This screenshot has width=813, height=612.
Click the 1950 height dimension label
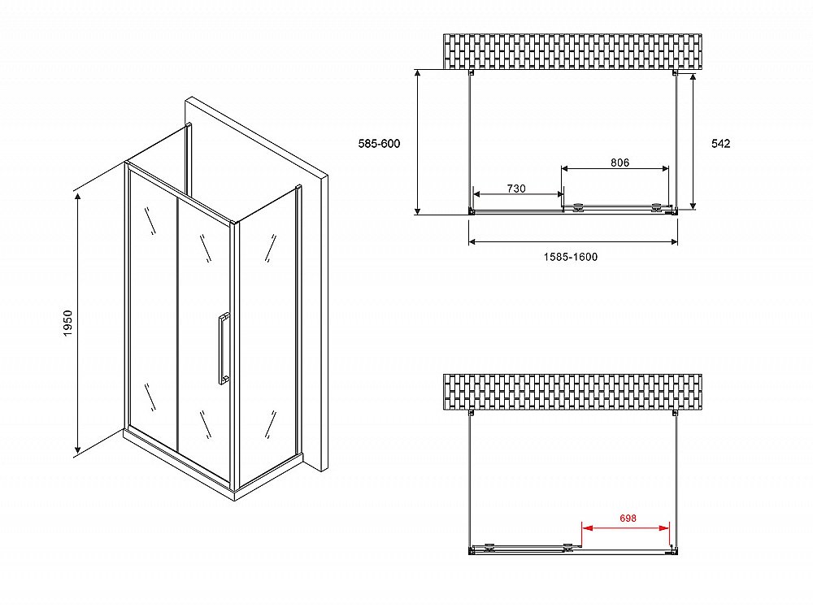68,323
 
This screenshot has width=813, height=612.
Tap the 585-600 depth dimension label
379,144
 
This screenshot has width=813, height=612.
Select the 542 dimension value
720,144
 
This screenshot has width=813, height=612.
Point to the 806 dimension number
620,163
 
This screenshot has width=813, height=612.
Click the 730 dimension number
516,189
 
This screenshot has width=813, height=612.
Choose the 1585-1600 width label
571,257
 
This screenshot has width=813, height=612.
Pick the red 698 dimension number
628,518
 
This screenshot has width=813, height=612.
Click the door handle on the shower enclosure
223,348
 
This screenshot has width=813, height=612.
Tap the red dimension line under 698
625,528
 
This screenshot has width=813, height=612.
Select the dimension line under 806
615,168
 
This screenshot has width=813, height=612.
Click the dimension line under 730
519,194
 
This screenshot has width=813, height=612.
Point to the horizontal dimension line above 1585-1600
573,241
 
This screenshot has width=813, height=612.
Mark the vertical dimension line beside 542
693,141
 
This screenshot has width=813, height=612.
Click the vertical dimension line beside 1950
78,323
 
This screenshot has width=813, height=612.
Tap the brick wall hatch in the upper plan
573,51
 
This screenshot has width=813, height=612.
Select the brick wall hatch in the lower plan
573,392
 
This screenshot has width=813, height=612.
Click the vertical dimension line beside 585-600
417,142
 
